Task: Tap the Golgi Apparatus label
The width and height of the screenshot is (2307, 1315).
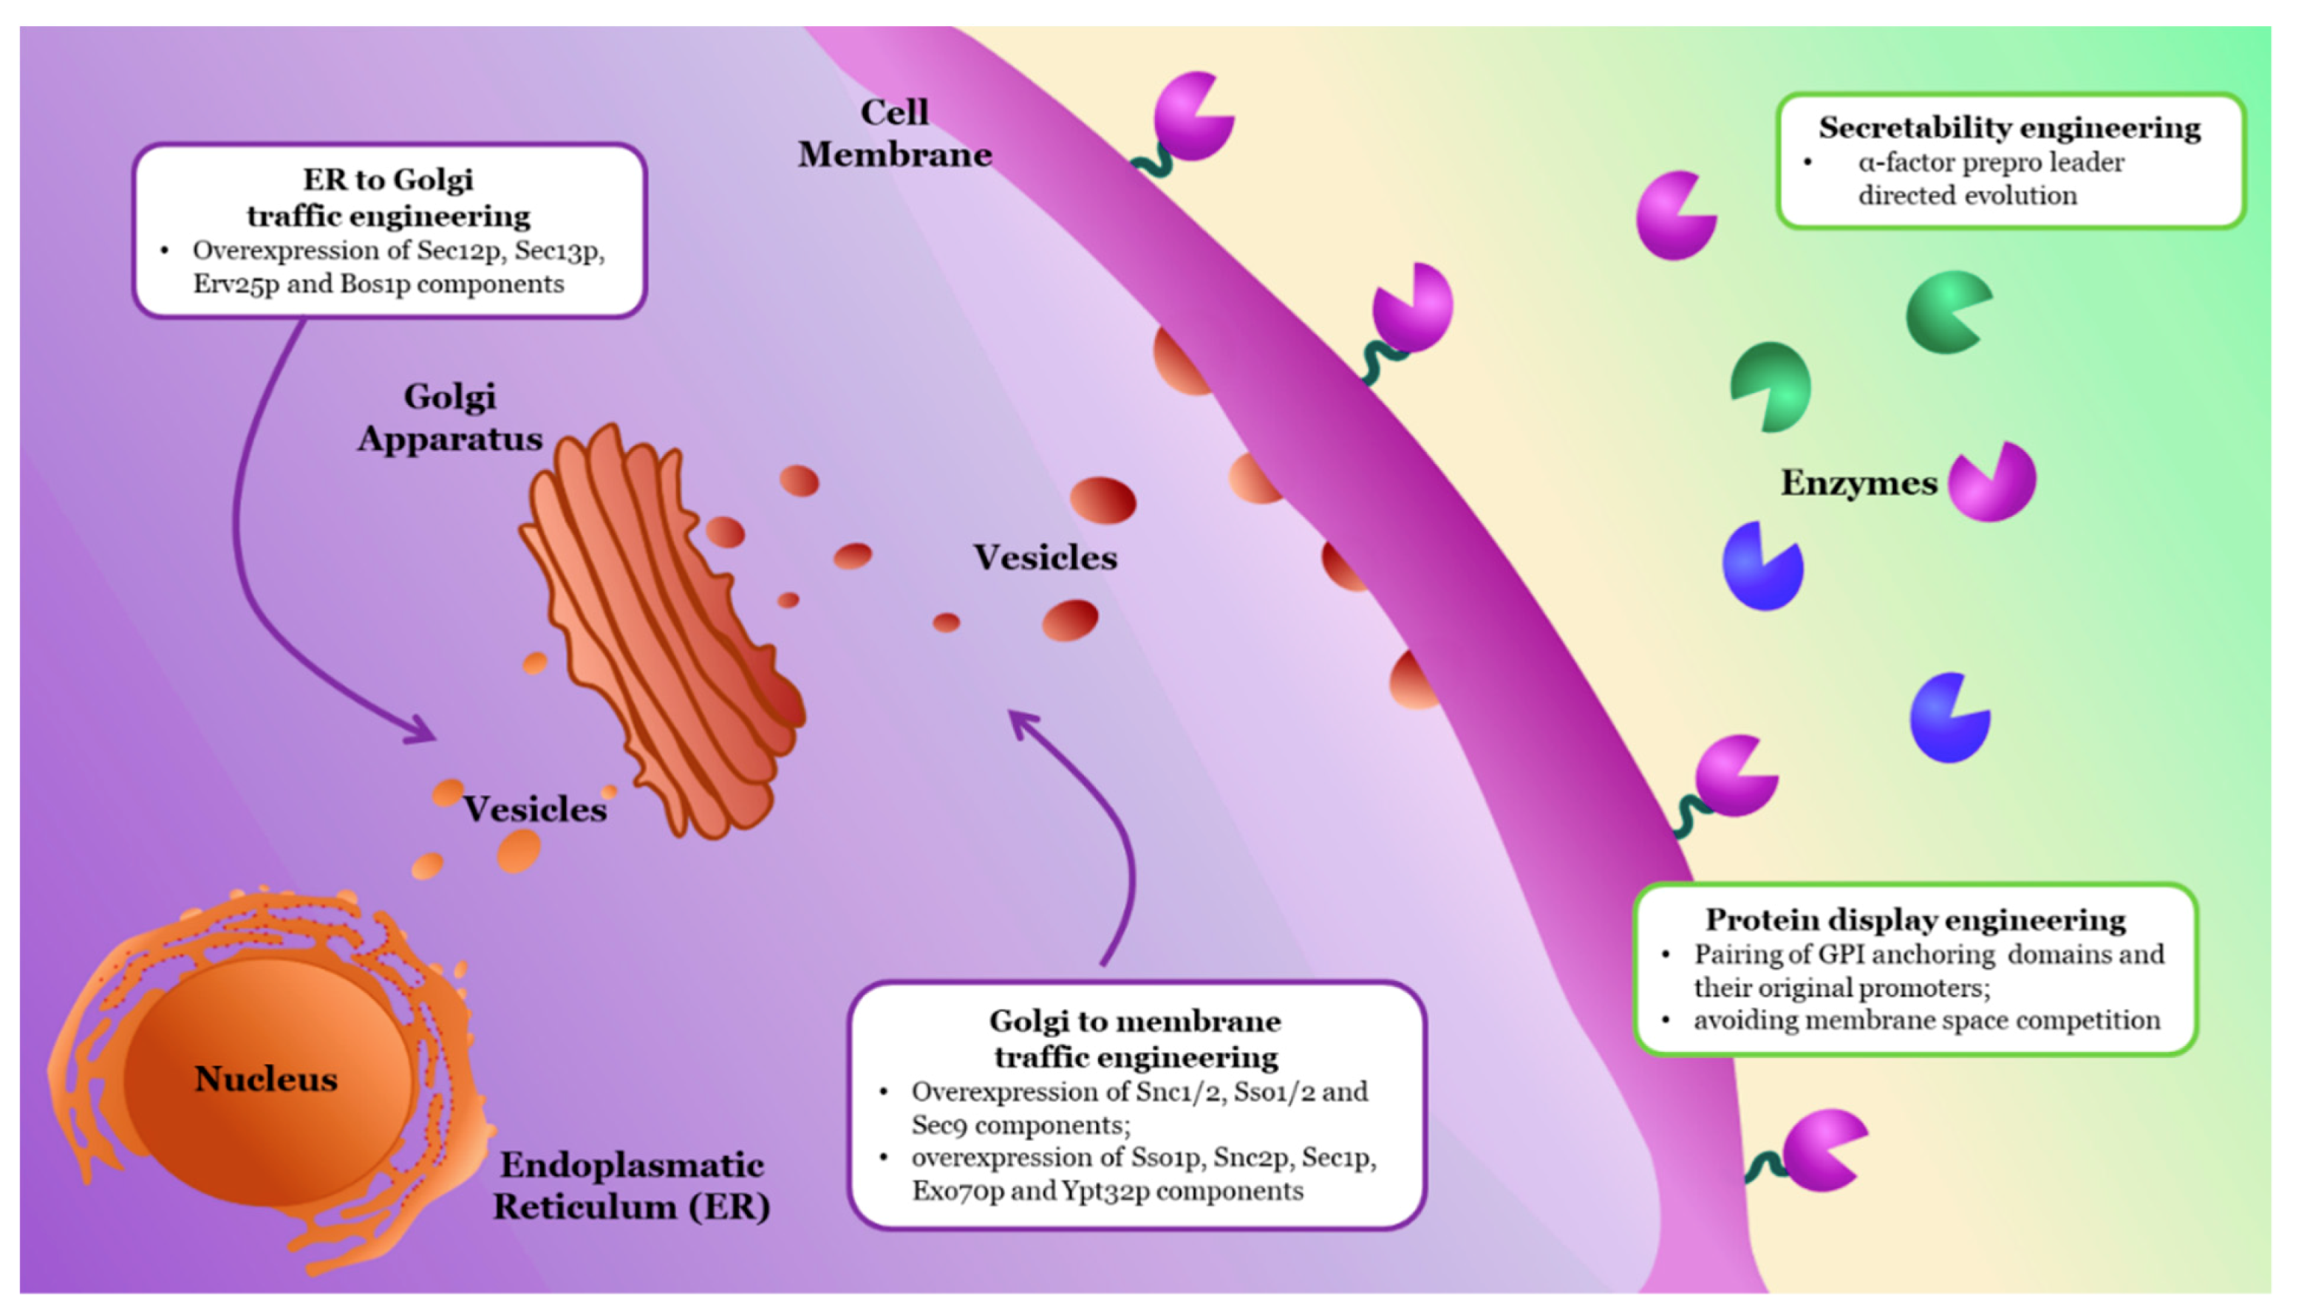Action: coord(450,418)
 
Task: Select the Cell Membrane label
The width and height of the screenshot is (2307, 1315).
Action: coord(894,134)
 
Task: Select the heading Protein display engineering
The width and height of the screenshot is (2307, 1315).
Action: coord(1915,920)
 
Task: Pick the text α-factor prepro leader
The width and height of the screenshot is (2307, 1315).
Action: coord(1991,163)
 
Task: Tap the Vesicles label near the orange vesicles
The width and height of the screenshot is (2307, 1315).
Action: coord(535,809)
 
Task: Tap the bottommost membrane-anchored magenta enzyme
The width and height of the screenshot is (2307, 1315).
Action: coord(1823,1150)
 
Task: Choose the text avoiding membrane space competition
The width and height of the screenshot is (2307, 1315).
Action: coord(1926,1020)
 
